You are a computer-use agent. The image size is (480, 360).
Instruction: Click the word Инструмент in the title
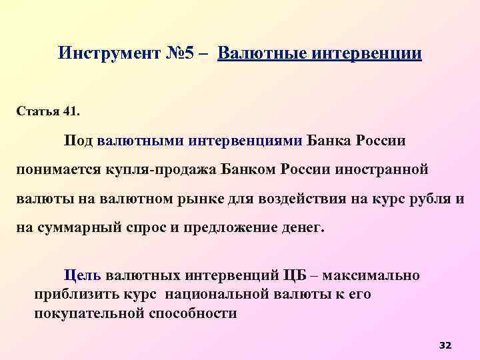tap(110, 53)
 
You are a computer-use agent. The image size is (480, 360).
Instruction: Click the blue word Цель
tap(81, 275)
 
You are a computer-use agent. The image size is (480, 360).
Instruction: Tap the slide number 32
tap(445, 345)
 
